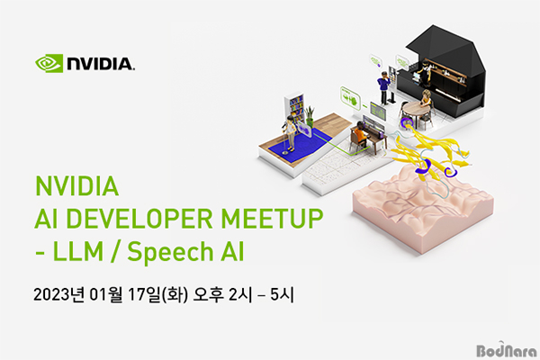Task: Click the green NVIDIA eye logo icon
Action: (49, 63)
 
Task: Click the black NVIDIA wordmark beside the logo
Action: (101, 64)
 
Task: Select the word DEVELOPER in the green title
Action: (139, 219)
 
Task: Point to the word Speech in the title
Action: (170, 252)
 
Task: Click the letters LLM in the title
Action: (77, 251)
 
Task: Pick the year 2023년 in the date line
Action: (58, 295)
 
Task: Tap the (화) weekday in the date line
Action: (175, 295)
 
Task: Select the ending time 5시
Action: (282, 295)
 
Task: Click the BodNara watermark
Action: (507, 349)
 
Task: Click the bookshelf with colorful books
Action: (295, 107)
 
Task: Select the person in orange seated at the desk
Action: (360, 134)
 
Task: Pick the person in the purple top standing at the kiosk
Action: (383, 87)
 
